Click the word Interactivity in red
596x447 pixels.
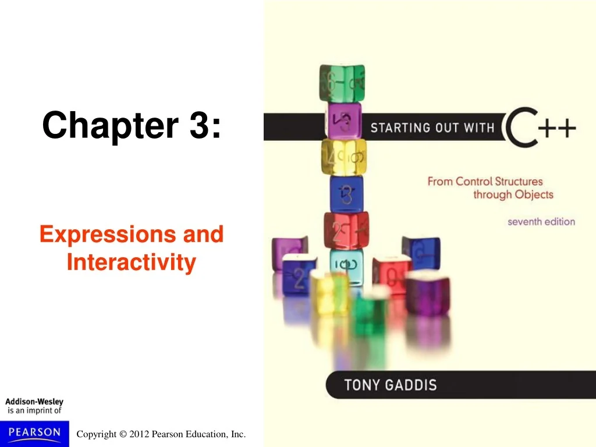click(x=132, y=262)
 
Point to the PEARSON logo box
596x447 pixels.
click(x=34, y=434)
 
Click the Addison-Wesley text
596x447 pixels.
click(x=34, y=402)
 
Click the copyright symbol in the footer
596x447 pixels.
click(x=123, y=434)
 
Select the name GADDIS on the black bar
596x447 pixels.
click(x=411, y=385)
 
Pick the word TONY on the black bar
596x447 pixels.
click(x=362, y=385)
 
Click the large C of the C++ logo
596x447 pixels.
click(x=521, y=127)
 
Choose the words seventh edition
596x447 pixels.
click(x=541, y=222)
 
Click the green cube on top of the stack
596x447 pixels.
click(x=342, y=83)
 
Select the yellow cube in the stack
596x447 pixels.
click(x=344, y=157)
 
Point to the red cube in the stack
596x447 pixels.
click(x=346, y=230)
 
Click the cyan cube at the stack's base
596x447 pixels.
click(x=346, y=266)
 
